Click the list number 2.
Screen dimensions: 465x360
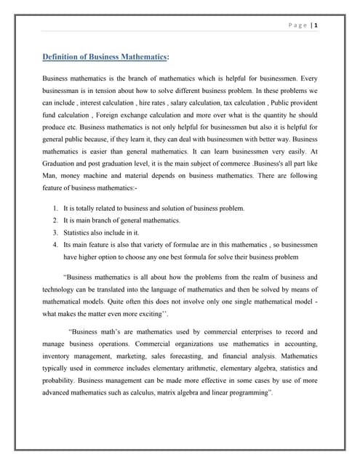pos(55,220)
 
